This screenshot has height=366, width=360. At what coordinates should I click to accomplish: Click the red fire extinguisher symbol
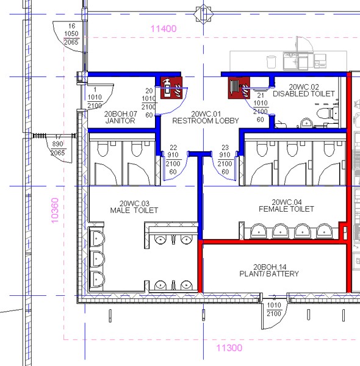point(171,88)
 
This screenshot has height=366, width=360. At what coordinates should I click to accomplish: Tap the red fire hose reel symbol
point(239,88)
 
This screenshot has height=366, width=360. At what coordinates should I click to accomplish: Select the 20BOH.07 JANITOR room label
point(120,117)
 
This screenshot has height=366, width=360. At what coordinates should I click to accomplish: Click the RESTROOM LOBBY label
point(206,121)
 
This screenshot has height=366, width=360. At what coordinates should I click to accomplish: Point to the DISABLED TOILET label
point(304,93)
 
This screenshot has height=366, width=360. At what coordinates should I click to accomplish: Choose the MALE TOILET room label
point(134,210)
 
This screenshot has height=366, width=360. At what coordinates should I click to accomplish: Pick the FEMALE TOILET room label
point(286,209)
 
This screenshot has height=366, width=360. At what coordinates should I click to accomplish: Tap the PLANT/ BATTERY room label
point(269,273)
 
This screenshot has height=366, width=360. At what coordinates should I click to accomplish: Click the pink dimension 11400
point(164,29)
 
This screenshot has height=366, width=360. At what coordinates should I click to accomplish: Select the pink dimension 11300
point(229,348)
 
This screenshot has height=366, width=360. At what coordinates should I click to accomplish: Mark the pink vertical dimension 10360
point(55,210)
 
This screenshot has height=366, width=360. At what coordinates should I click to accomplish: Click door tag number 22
point(173,148)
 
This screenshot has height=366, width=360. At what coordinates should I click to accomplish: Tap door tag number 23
point(225,148)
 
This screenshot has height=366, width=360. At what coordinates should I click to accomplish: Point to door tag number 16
point(71,26)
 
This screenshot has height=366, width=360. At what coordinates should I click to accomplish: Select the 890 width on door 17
point(57,144)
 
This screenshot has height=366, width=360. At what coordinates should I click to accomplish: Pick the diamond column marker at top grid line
point(203,14)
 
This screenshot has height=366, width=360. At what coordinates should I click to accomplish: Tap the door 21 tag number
point(261,95)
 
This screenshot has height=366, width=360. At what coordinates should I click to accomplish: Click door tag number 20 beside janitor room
point(149,91)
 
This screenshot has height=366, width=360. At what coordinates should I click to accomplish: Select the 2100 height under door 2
point(274,314)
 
